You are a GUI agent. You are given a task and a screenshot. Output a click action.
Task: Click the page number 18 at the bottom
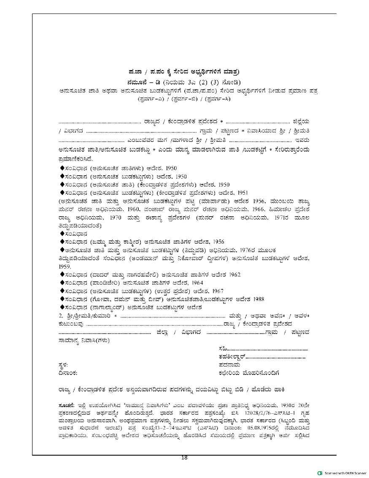point(184,458)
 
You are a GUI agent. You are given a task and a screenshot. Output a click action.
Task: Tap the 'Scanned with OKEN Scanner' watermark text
point(345,473)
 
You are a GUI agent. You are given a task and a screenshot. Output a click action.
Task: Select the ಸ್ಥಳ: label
point(63,365)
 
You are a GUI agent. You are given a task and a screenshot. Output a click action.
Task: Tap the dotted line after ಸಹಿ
point(269,349)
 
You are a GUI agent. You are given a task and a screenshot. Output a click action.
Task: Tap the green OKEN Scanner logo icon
point(320,473)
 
